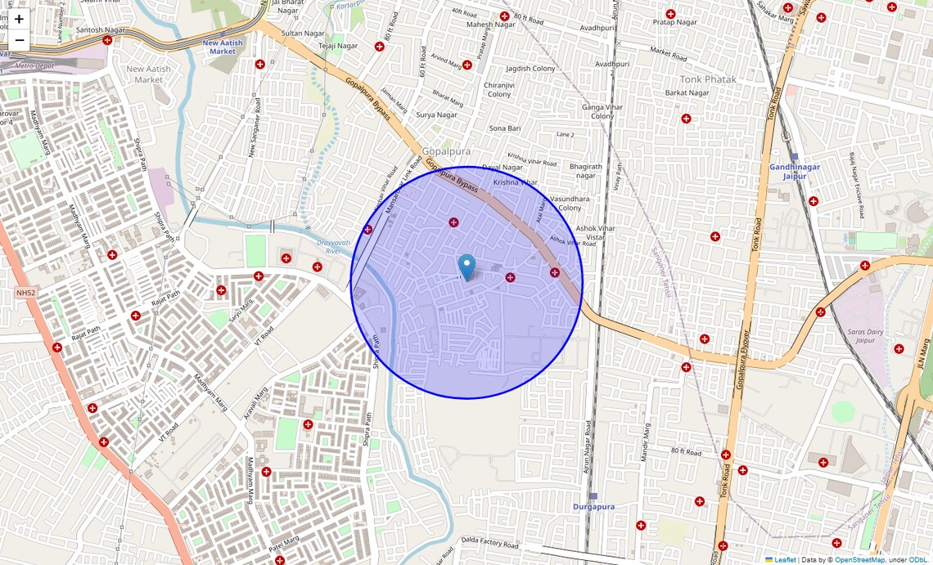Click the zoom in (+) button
(19, 19)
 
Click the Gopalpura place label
(446, 152)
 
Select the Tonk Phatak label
(708, 79)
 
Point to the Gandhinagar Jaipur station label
(794, 171)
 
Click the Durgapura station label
(593, 507)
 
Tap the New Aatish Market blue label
(222, 47)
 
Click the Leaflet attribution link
(785, 559)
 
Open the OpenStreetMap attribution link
(859, 559)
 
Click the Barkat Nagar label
(687, 93)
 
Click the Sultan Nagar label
(303, 34)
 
